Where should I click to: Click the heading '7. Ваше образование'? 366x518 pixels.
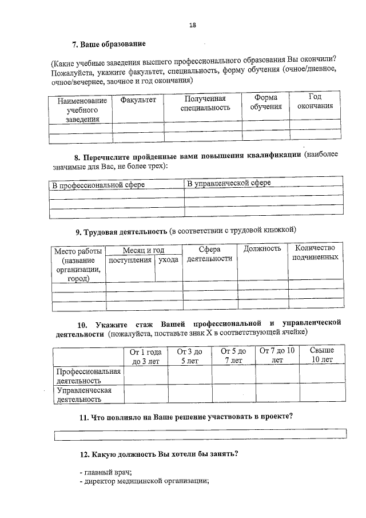pyautogui.click(x=109, y=44)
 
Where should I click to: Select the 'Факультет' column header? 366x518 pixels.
pyautogui.click(x=138, y=100)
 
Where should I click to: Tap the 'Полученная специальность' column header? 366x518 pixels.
pyautogui.click(x=205, y=102)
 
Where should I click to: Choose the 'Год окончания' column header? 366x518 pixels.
pyautogui.click(x=315, y=101)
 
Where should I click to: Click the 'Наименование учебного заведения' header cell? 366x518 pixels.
pyautogui.click(x=81, y=109)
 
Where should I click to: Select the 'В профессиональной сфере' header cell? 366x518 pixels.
pyautogui.click(x=98, y=185)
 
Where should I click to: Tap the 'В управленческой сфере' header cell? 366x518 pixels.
pyautogui.click(x=229, y=183)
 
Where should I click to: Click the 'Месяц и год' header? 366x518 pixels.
pyautogui.click(x=144, y=250)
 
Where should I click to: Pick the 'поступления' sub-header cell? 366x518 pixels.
pyautogui.click(x=130, y=260)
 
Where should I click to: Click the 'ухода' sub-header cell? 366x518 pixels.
pyautogui.click(x=168, y=260)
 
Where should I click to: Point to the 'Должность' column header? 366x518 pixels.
pyautogui.click(x=262, y=248)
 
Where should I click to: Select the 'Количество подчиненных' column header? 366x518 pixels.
pyautogui.click(x=315, y=252)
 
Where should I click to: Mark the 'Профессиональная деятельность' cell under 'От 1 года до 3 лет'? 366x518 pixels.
pyautogui.click(x=146, y=375)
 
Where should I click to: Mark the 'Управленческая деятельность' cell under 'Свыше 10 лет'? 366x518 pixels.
pyautogui.click(x=321, y=394)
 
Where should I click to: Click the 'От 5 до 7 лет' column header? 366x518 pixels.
pyautogui.click(x=233, y=355)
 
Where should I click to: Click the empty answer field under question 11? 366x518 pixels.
pyautogui.click(x=200, y=434)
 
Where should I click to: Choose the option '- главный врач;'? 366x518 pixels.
pyautogui.click(x=106, y=472)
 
